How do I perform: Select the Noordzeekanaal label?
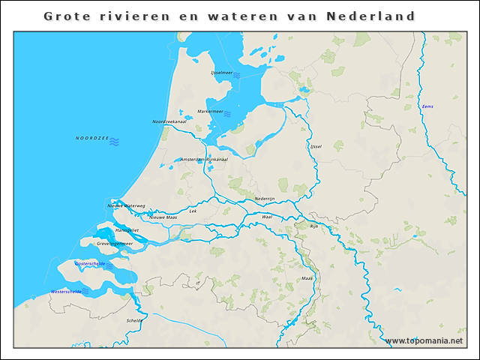coord(169,121)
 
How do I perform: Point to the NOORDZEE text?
coord(91,139)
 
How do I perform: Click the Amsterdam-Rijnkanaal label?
coord(204,159)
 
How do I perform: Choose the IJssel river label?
coord(315,146)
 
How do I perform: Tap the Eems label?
coord(427,106)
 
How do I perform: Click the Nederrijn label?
coord(265,198)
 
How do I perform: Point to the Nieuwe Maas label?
coord(162,217)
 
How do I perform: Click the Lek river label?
coord(193,211)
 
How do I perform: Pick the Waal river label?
coord(266,216)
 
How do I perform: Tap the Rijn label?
coord(314,225)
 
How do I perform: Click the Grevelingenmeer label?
coord(115,244)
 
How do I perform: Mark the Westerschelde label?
coord(66,291)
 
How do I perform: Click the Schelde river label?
coord(134,320)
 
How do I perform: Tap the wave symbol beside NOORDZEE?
coord(114,140)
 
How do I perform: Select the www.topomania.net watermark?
coord(424,341)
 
